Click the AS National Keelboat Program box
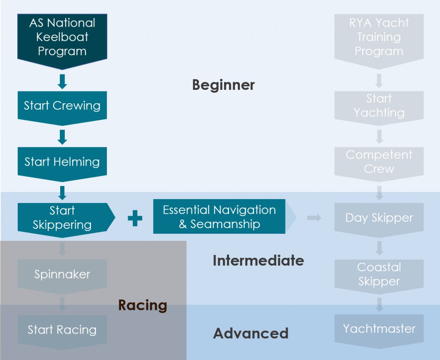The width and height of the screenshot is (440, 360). pyautogui.click(x=62, y=38)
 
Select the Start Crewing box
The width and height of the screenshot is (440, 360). pyautogui.click(x=62, y=106)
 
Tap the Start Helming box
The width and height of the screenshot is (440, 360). pyautogui.click(x=62, y=162)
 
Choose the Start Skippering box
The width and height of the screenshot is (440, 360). pyautogui.click(x=62, y=218)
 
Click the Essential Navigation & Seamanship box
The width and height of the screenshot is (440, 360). pyautogui.click(x=219, y=217)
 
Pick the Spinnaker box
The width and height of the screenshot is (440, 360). pyautogui.click(x=62, y=274)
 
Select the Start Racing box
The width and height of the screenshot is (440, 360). pyautogui.click(x=62, y=330)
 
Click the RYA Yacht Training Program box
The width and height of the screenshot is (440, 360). pyautogui.click(x=379, y=38)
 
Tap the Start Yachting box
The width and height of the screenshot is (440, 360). pyautogui.click(x=379, y=106)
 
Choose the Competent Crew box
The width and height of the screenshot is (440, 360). pyautogui.click(x=379, y=162)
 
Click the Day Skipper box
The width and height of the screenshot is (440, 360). pyautogui.click(x=379, y=218)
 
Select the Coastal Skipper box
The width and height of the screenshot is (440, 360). pyautogui.click(x=379, y=274)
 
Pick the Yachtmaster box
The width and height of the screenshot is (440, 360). pyautogui.click(x=379, y=329)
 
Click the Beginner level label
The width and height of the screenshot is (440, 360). pyautogui.click(x=223, y=85)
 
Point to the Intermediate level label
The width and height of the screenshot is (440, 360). pyautogui.click(x=258, y=260)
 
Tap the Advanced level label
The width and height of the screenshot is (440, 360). pyautogui.click(x=251, y=333)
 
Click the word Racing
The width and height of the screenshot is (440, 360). pyautogui.click(x=143, y=305)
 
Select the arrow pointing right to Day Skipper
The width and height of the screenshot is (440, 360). pyautogui.click(x=314, y=218)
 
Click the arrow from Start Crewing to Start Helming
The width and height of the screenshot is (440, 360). pyautogui.click(x=62, y=137)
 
